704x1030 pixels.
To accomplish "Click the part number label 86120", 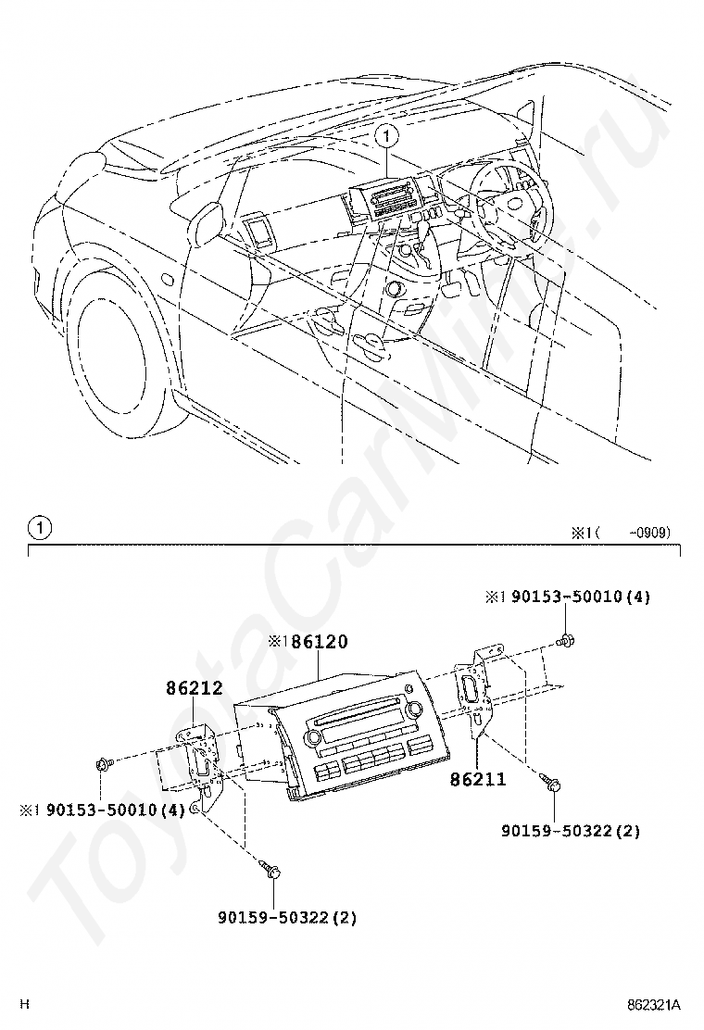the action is pyautogui.click(x=320, y=642).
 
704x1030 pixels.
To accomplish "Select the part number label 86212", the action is pyautogui.click(x=194, y=688).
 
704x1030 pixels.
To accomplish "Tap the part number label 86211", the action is pyautogui.click(x=478, y=779).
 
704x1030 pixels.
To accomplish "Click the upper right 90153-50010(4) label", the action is pyautogui.click(x=581, y=597).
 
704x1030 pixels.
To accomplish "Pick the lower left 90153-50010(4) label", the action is pyautogui.click(x=116, y=810).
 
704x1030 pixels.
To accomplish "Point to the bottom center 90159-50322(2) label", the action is pyautogui.click(x=288, y=917).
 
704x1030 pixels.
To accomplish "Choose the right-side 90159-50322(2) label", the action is pyautogui.click(x=571, y=831).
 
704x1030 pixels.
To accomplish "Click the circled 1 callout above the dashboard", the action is pyautogui.click(x=387, y=137).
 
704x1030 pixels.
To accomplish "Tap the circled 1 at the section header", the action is pyautogui.click(x=40, y=528).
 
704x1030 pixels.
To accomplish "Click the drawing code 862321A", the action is pyautogui.click(x=653, y=1005).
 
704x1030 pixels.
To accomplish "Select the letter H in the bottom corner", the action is pyautogui.click(x=25, y=1004).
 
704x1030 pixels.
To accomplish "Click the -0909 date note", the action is pyautogui.click(x=648, y=533).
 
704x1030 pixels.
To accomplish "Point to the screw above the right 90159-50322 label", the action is pyautogui.click(x=549, y=782).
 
